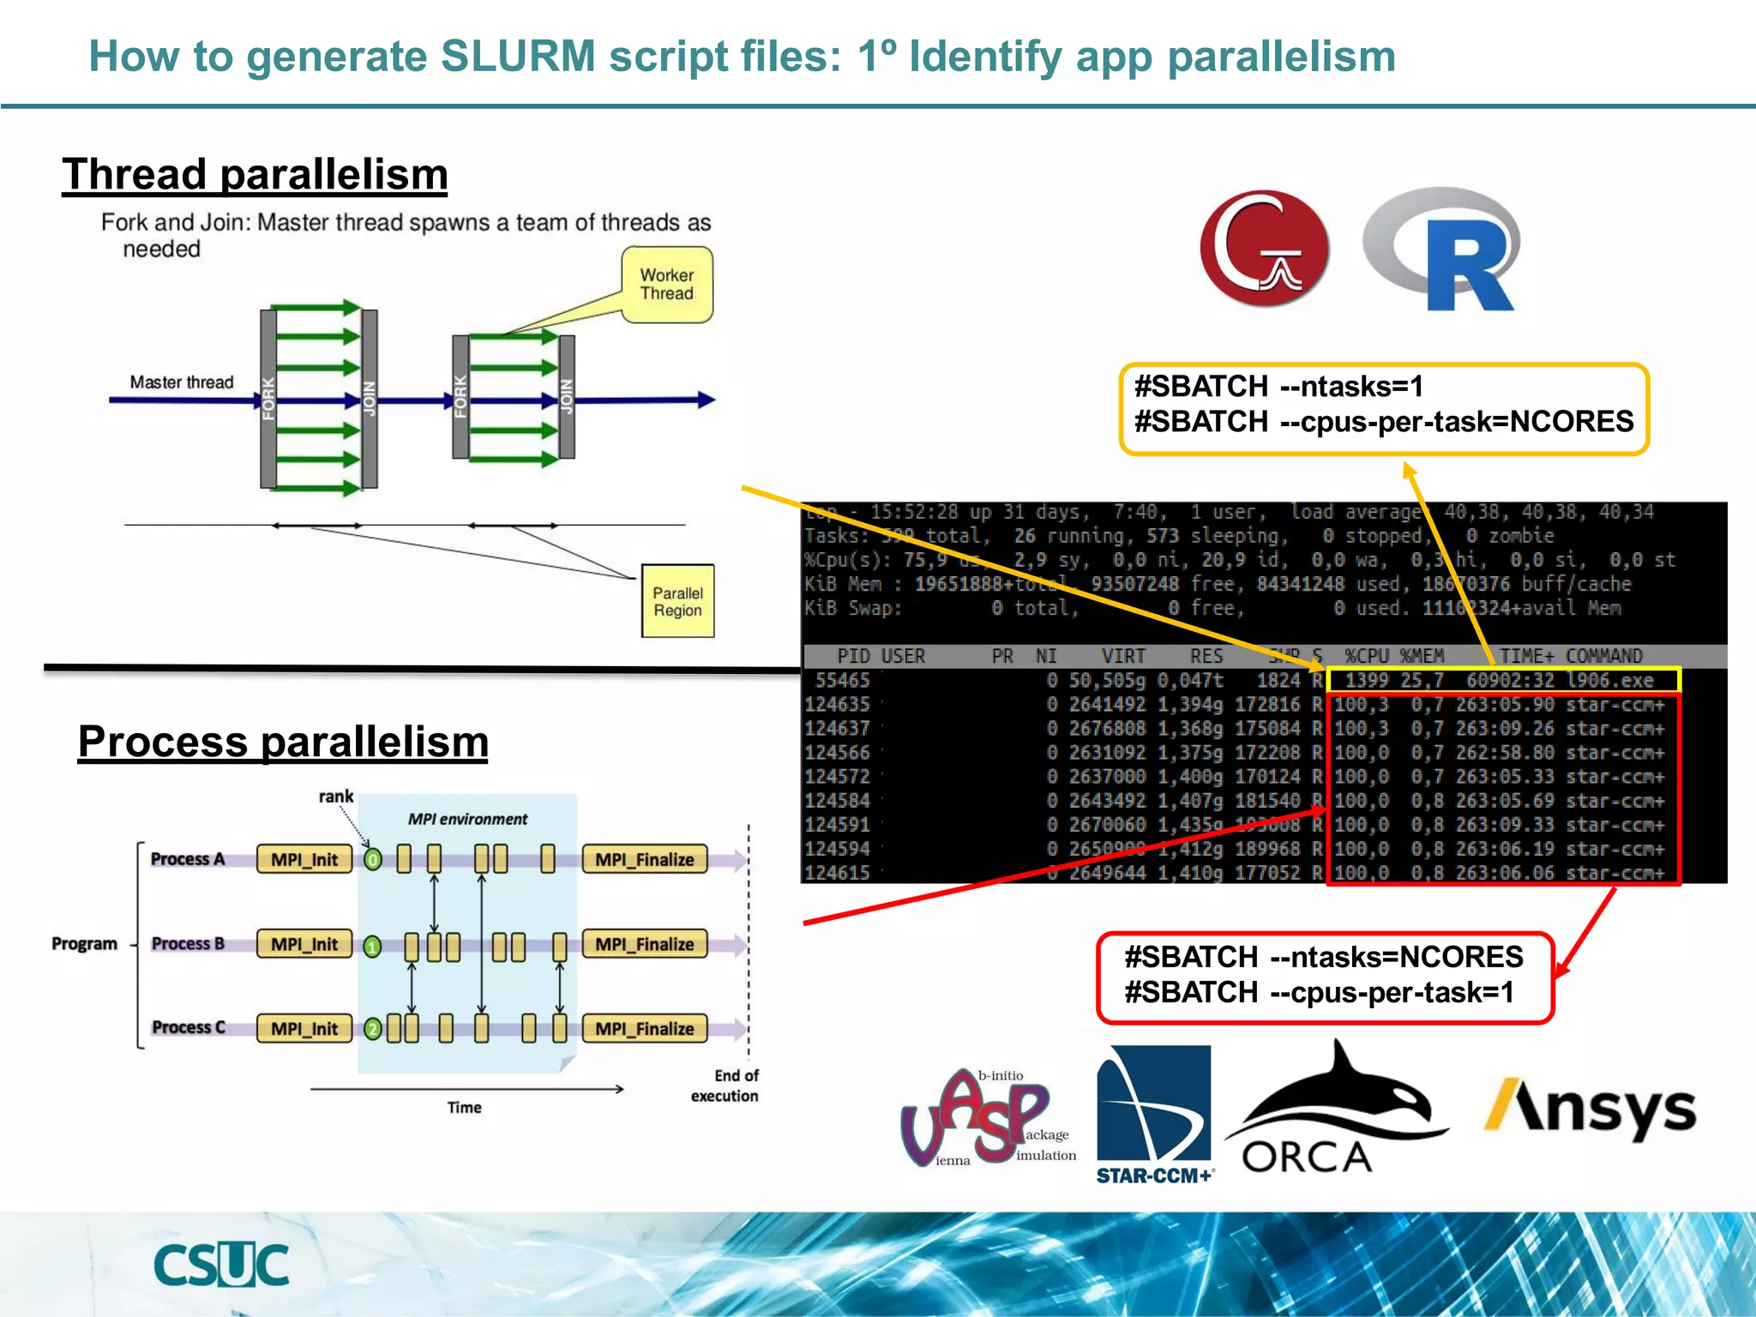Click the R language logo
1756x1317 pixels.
click(x=1443, y=250)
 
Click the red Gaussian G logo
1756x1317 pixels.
click(x=1265, y=249)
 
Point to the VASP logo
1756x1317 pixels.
click(x=986, y=1119)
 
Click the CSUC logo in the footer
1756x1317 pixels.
click(x=221, y=1265)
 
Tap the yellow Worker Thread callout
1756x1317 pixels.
click(x=667, y=285)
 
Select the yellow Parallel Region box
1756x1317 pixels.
click(x=677, y=601)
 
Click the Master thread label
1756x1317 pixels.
click(x=181, y=382)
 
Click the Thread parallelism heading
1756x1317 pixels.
click(x=255, y=174)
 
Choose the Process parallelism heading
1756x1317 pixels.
click(x=283, y=742)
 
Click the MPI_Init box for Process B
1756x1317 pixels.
click(x=304, y=944)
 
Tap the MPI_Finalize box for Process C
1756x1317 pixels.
click(x=645, y=1028)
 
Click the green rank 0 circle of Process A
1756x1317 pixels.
click(x=372, y=859)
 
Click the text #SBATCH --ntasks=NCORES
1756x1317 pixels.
click(x=1324, y=957)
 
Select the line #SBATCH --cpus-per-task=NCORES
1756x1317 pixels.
click(x=1384, y=422)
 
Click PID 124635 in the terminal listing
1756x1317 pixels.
click(x=837, y=705)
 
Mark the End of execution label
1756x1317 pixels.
click(x=725, y=1085)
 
